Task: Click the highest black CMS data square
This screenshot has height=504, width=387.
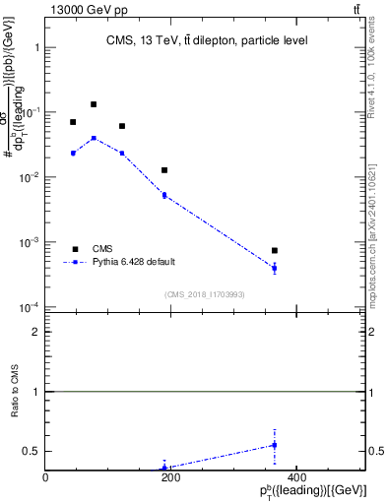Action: [94, 104]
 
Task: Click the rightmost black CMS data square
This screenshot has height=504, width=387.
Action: [275, 250]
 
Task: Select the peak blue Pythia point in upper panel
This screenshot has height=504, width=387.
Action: [94, 138]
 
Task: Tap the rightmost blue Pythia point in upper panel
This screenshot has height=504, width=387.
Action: [275, 268]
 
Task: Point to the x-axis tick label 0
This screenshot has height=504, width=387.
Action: [45, 477]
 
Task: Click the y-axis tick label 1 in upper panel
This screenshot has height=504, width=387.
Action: [35, 47]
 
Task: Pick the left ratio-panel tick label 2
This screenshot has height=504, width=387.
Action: [35, 333]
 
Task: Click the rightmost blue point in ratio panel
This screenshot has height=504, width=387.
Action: [275, 445]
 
